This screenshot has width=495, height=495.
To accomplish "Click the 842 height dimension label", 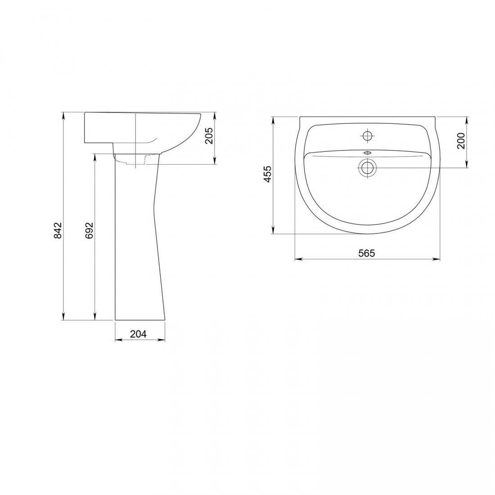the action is pos(58,230).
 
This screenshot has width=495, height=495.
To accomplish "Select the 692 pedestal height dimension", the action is pos(90,230).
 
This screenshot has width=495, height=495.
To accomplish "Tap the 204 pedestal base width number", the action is pos(139,334).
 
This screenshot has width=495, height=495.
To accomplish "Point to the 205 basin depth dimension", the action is pos(209,136).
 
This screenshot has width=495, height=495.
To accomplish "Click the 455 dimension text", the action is pos(267,174).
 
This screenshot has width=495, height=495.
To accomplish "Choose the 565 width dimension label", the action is pos(366,253).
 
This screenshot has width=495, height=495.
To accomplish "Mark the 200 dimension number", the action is pos(461,141).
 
